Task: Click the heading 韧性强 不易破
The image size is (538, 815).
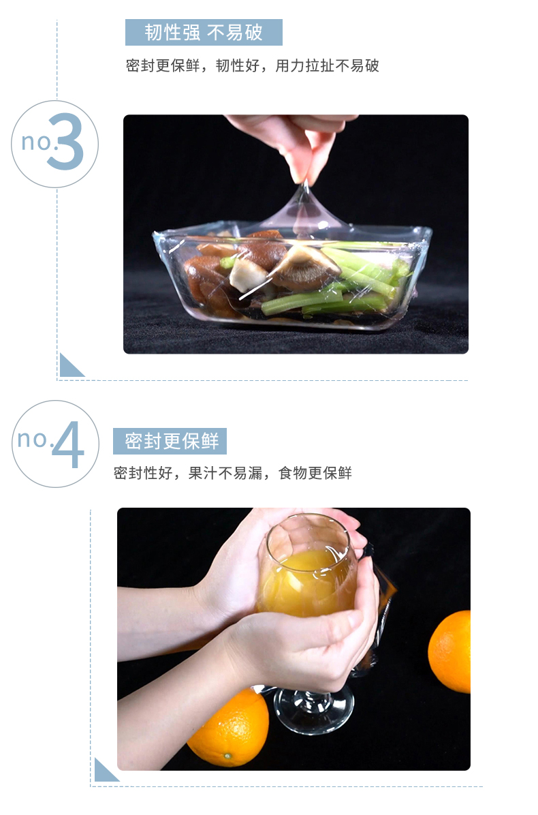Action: pos(204,32)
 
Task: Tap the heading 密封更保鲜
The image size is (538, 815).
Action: pos(172,441)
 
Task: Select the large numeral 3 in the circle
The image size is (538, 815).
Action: pos(66,142)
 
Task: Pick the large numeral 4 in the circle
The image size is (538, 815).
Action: pos(67,445)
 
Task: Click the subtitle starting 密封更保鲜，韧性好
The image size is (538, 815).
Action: pos(253,65)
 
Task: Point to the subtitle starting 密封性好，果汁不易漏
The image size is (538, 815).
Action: pos(233,473)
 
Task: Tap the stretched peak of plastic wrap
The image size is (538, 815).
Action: pos(306,208)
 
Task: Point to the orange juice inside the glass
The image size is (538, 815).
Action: pos(306,582)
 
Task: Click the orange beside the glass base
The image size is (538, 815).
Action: pos(229,728)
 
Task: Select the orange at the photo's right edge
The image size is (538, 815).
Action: pos(449,651)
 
